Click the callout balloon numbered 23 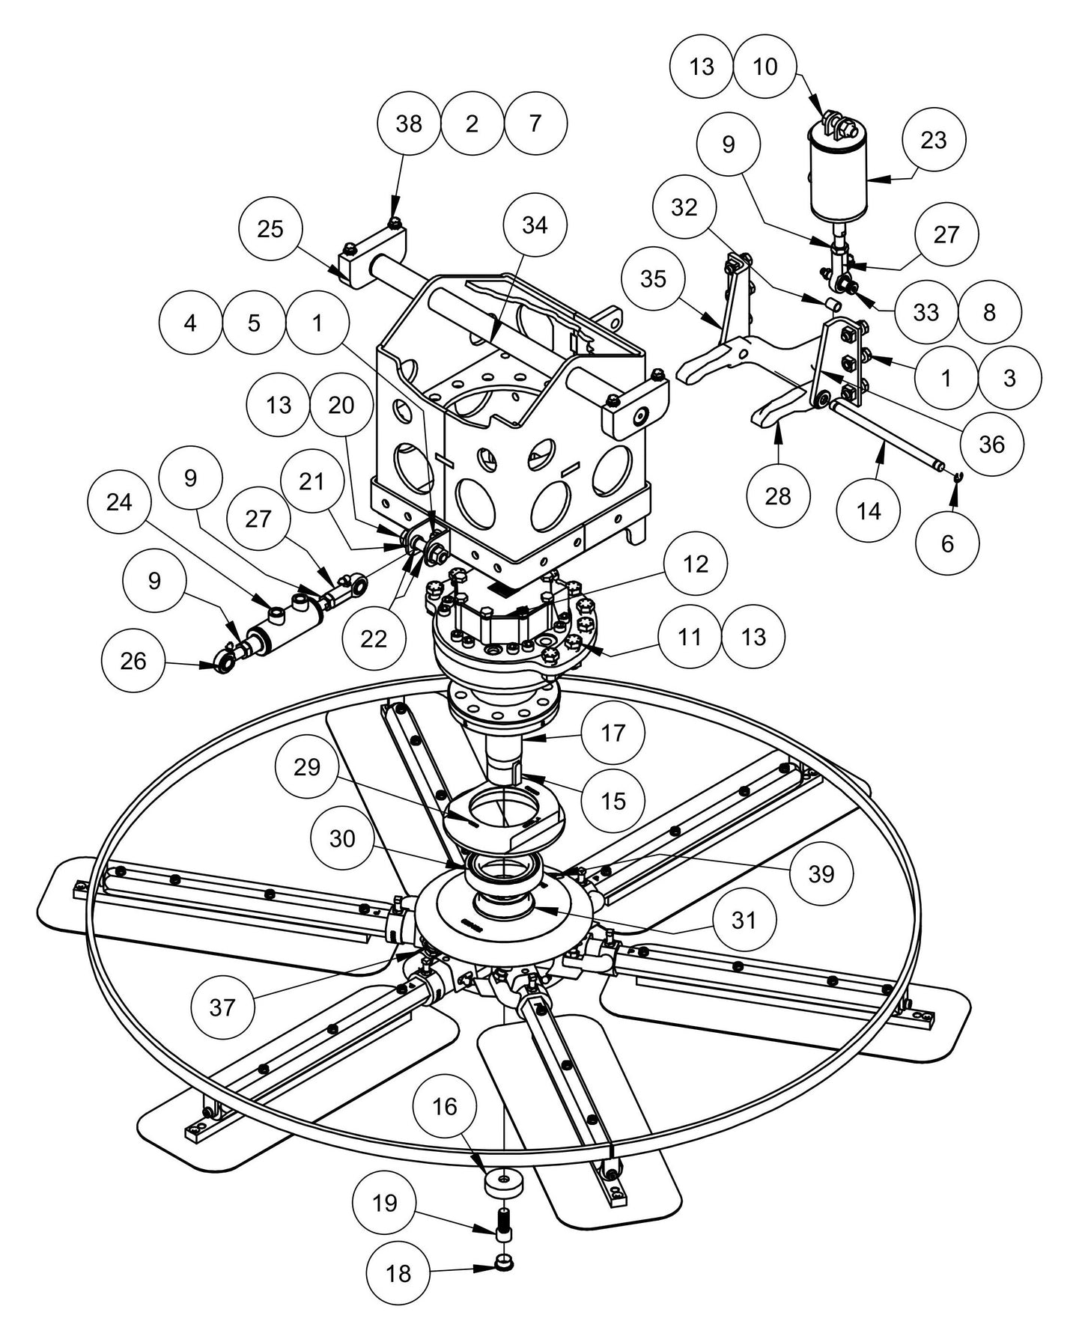934,140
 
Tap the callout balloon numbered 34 535,225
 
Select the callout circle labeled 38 409,123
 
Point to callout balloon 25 270,229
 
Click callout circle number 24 119,502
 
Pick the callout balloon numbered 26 133,661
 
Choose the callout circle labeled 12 696,564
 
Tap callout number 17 613,733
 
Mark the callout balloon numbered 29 307,767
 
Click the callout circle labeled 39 821,873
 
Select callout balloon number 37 222,1007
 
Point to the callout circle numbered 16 445,1106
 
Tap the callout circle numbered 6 947,543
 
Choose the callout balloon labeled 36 991,445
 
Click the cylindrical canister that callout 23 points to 839,180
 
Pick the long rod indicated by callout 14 884,435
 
